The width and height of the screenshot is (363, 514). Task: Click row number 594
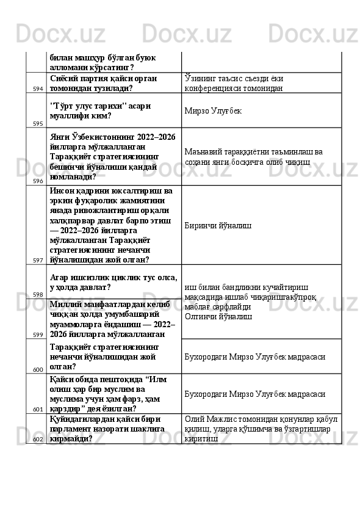pyautogui.click(x=38, y=89)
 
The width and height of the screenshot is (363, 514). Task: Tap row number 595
pyautogui.click(x=38, y=123)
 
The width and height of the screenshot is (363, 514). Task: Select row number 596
pyautogui.click(x=38, y=181)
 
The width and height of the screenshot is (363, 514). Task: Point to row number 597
pyautogui.click(x=38, y=260)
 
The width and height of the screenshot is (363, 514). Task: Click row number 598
pyautogui.click(x=38, y=294)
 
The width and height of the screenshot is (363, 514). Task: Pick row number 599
pyautogui.click(x=38, y=335)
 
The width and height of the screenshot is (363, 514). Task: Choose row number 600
pyautogui.click(x=38, y=369)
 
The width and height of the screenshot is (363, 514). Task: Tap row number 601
pyautogui.click(x=38, y=409)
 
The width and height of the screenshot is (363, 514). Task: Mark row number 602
pyautogui.click(x=38, y=439)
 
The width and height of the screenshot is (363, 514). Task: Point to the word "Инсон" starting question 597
pyautogui.click(x=63, y=190)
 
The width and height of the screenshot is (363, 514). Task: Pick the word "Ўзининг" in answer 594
pyautogui.click(x=200, y=78)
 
